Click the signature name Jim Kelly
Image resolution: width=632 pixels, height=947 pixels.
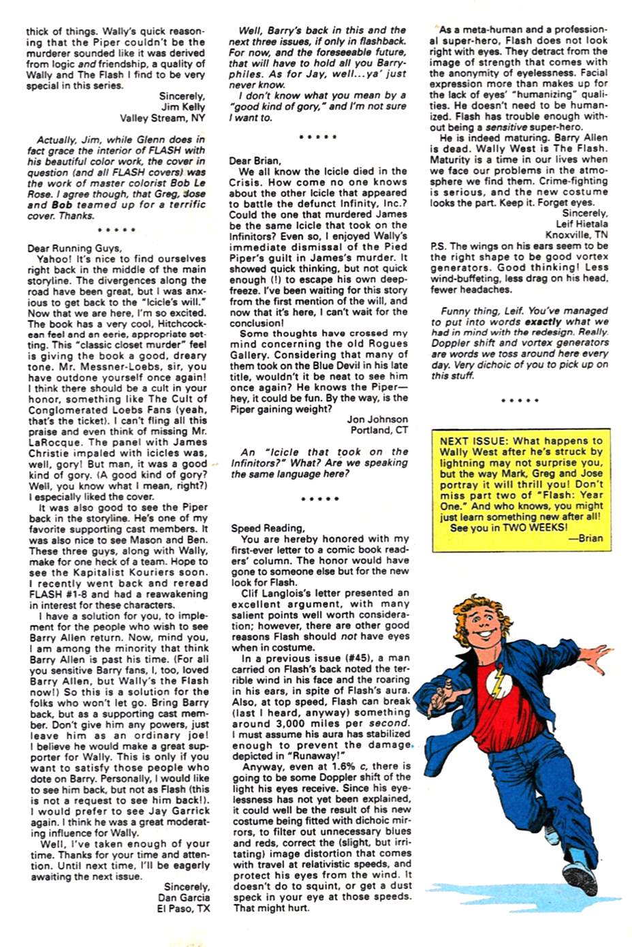tap(183, 107)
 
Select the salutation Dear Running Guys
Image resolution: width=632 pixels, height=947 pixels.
tap(75, 248)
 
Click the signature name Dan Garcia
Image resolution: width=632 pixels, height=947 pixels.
tap(183, 898)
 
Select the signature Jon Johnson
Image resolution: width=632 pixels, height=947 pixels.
tap(377, 420)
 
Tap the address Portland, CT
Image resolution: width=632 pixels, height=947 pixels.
tap(379, 431)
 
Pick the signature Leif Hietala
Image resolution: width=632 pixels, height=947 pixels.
tap(582, 224)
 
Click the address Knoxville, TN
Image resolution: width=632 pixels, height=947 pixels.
tap(577, 235)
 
